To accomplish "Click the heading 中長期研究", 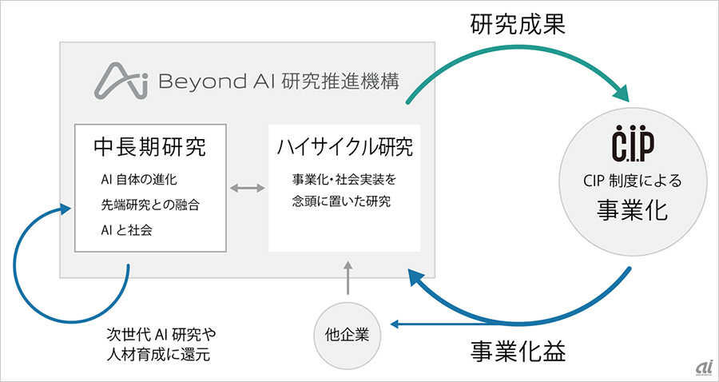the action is (x=150, y=148).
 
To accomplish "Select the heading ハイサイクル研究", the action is (x=345, y=148).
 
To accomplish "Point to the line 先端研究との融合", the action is (x=150, y=205).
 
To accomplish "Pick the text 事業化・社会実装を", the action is (x=344, y=179).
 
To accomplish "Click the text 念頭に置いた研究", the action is (x=341, y=201).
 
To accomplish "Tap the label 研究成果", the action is (x=518, y=26).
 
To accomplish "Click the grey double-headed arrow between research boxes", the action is (x=248, y=188).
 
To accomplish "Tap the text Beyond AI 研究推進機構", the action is (x=278, y=82).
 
